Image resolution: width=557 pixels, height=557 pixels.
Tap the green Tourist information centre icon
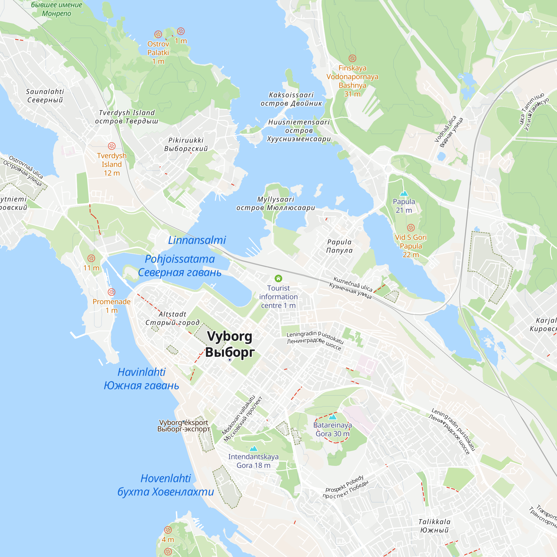(x=278, y=278)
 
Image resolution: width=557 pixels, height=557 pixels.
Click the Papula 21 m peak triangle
(x=404, y=193)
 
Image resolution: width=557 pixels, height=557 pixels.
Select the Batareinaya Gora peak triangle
(x=333, y=417)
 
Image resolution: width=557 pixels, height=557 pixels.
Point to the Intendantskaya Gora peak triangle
(x=253, y=448)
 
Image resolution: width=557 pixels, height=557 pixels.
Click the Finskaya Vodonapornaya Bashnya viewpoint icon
(x=352, y=58)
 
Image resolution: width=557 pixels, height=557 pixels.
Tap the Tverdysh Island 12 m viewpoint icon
(x=112, y=146)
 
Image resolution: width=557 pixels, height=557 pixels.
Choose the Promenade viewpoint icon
(x=112, y=292)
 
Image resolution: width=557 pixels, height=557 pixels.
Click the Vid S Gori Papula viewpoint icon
(x=411, y=228)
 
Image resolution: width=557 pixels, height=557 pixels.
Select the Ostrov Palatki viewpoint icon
(x=158, y=35)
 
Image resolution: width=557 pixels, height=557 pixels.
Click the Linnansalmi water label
(x=197, y=240)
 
